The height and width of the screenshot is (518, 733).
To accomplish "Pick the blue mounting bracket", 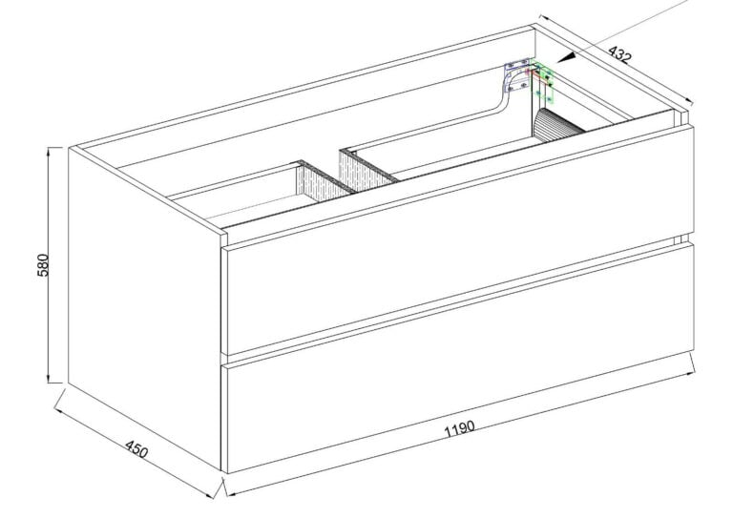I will tap(516, 77).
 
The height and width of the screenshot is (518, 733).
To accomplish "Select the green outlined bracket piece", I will tap(544, 84).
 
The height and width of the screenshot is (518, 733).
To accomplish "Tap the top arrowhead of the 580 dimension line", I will tap(49, 152).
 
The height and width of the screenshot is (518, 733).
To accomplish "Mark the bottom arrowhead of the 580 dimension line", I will tap(49, 379).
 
